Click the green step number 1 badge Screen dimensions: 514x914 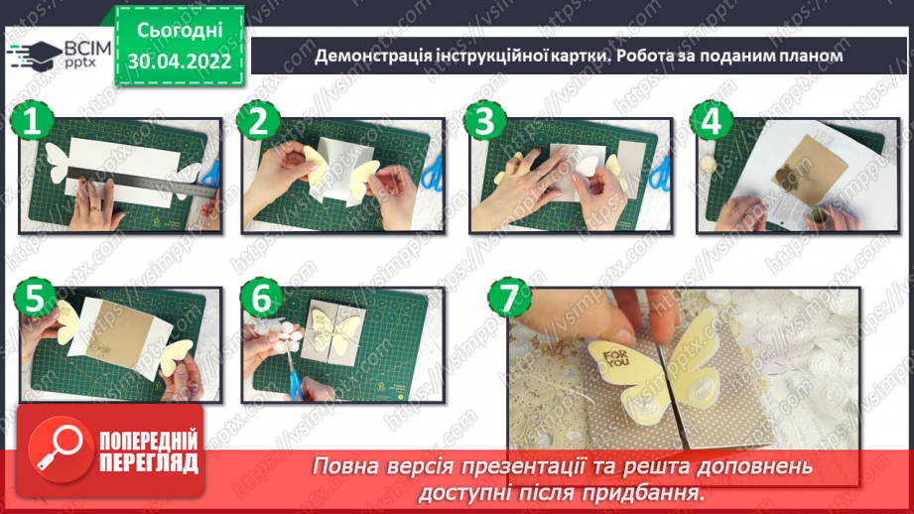(33, 123)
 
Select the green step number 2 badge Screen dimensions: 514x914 (260, 123)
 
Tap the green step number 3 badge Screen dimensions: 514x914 (484, 123)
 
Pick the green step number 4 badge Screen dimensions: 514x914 (713, 123)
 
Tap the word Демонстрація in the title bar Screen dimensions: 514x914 (372, 57)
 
